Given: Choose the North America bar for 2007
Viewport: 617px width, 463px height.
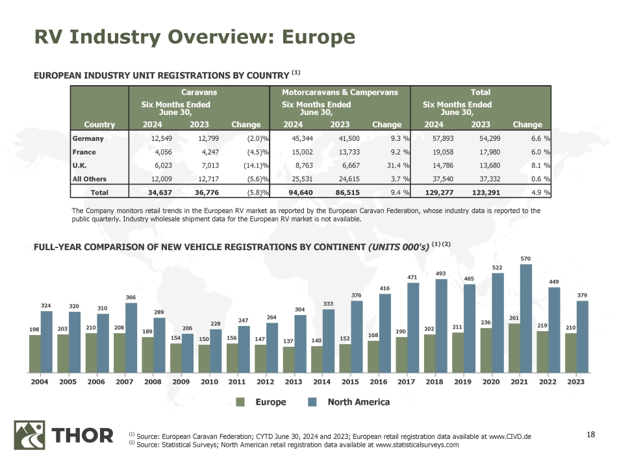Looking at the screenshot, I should pyautogui.click(x=131, y=338).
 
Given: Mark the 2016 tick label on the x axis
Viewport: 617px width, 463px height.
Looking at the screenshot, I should pyautogui.click(x=378, y=382).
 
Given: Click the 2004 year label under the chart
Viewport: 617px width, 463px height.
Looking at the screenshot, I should pyautogui.click(x=40, y=382).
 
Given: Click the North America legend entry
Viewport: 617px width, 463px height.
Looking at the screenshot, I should pyautogui.click(x=358, y=402).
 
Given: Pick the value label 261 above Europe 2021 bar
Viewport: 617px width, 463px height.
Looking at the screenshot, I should pyautogui.click(x=514, y=318).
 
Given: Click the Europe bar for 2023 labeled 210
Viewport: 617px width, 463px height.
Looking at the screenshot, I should pyautogui.click(x=570, y=353).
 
